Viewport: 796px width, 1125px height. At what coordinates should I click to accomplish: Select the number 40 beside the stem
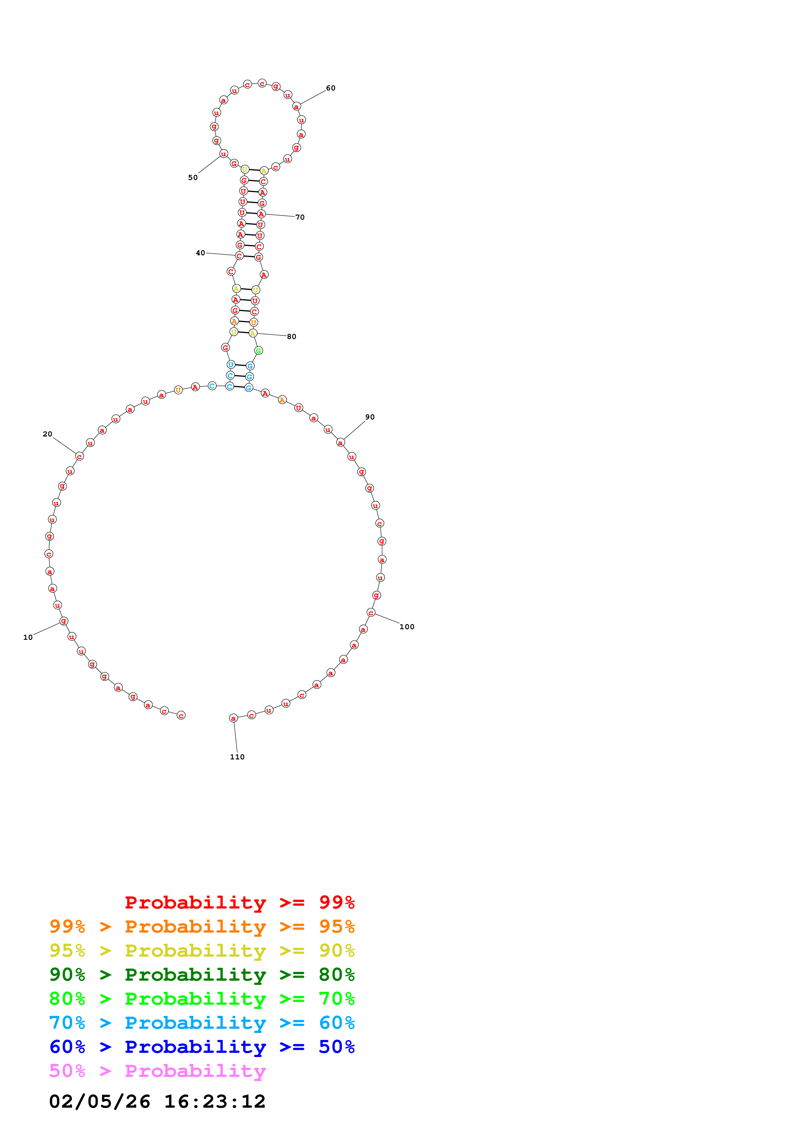point(200,253)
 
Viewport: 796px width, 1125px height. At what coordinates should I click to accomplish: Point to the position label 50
point(193,177)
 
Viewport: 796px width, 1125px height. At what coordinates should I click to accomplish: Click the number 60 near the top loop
point(330,88)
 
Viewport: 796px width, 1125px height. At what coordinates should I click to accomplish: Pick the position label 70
point(300,217)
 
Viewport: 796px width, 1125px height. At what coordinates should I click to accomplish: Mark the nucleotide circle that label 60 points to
point(296,106)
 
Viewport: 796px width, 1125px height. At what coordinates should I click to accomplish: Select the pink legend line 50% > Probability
point(157,1070)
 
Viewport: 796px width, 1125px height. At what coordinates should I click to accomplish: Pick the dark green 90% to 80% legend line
point(202,974)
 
